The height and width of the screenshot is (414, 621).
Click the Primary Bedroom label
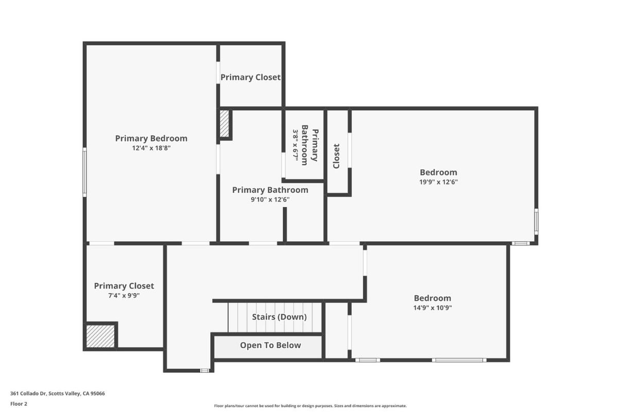tap(151, 139)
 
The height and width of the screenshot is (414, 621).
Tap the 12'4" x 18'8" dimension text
tap(151, 148)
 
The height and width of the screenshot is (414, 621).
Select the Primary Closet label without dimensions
tap(250, 77)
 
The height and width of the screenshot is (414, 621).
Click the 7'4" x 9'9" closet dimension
tap(124, 296)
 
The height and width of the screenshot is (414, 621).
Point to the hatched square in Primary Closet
tap(100, 336)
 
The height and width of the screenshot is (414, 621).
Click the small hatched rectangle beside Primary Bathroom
tap(225, 124)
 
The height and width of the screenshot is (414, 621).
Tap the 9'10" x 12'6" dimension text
tap(270, 200)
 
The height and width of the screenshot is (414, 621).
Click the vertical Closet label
tap(336, 156)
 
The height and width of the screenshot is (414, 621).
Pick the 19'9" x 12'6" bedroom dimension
tap(438, 182)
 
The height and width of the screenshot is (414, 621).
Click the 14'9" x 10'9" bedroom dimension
tap(433, 308)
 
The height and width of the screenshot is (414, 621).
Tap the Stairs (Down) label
tap(279, 317)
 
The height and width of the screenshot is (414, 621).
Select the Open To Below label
tap(270, 346)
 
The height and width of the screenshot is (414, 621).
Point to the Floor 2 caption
tap(19, 404)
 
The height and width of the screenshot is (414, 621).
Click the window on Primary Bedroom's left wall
tap(85, 172)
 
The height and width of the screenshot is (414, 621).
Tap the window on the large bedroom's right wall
tap(536, 221)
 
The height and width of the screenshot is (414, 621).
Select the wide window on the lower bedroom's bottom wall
tap(458, 360)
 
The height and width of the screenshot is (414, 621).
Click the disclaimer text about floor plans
tap(310, 406)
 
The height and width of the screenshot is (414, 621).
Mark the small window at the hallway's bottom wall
tap(204, 370)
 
